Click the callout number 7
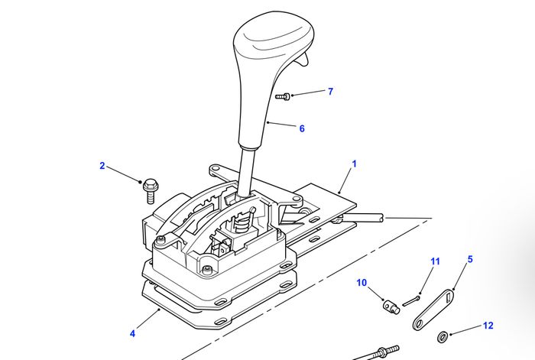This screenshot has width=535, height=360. pos(330,92)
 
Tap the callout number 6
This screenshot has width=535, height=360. pos(302,128)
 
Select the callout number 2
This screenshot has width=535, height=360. pos(102,166)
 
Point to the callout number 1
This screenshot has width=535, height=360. pos(355,164)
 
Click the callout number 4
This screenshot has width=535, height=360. pos(132,333)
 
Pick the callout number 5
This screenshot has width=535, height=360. pos(470,259)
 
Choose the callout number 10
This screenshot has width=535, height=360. pos(362,283)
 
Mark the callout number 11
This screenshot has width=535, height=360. pos(435,261)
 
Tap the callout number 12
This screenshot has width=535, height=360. pos(488,326)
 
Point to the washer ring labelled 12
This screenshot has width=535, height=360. pos(442,336)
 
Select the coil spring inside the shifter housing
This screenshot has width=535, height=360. pos(243,223)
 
